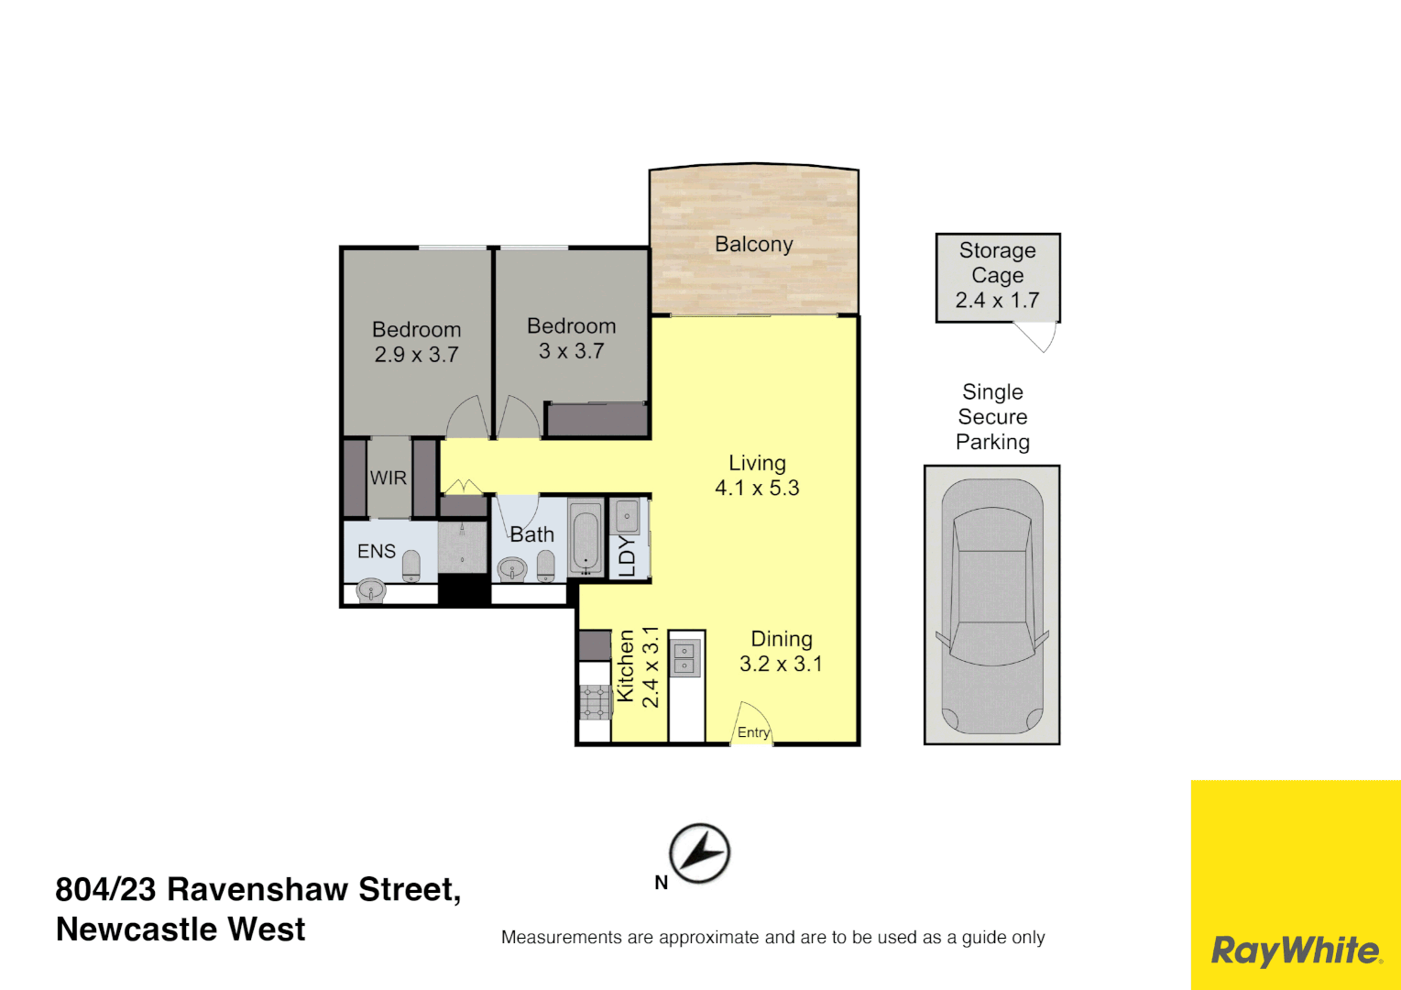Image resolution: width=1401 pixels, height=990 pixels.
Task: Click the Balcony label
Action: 753,244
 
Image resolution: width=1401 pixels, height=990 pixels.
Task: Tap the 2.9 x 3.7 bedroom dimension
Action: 416,355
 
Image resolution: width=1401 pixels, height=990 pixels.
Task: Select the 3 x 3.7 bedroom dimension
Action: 571,351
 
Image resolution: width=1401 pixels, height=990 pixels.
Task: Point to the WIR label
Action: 388,478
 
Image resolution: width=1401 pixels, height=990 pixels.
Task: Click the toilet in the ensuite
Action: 411,565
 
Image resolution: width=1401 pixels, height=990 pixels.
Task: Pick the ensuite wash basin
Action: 371,589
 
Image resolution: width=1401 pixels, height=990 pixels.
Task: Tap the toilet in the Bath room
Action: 546,565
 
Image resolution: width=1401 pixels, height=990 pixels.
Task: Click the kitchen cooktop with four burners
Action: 595,701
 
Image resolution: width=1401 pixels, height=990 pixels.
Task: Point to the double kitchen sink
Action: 684,659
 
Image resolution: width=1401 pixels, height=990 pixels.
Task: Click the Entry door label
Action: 753,732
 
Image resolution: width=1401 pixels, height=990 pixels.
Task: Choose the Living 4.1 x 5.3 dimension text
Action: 757,489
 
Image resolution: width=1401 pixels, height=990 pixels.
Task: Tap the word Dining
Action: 782,639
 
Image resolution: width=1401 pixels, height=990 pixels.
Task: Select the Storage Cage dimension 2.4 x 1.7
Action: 997,301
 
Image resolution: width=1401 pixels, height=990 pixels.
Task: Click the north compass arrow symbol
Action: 700,852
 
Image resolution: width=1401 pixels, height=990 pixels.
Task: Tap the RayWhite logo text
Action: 1296,951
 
